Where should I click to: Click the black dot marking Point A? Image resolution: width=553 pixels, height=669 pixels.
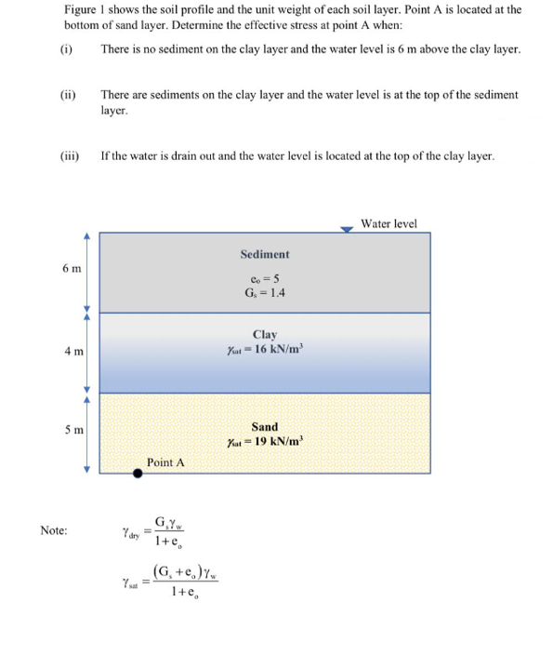point(138,473)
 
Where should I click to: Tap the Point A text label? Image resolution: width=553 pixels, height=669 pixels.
point(165,462)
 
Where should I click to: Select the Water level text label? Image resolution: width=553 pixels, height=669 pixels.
point(388,223)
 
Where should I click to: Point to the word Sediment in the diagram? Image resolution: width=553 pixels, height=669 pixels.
point(265,254)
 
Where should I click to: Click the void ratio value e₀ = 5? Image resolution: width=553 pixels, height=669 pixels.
point(265,278)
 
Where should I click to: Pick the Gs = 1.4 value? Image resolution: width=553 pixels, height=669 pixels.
point(265,293)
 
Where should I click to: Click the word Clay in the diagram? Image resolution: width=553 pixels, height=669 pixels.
point(265,334)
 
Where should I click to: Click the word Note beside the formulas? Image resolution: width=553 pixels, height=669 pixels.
point(54,530)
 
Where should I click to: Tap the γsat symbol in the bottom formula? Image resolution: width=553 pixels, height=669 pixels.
point(131,582)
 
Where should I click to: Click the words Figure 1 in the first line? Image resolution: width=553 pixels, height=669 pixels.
point(85,9)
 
